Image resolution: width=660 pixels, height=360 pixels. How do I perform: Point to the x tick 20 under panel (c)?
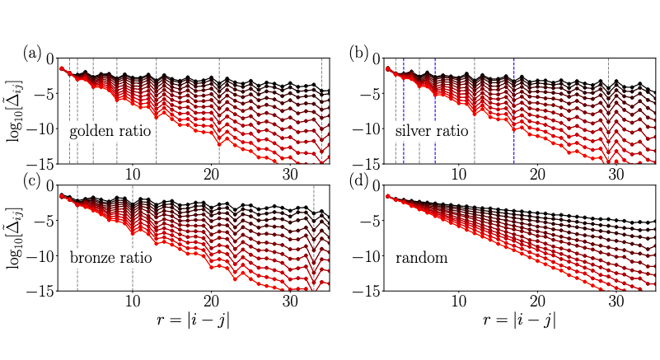pos(211,302)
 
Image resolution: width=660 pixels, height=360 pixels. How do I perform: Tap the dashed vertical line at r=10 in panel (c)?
pos(132,247)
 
